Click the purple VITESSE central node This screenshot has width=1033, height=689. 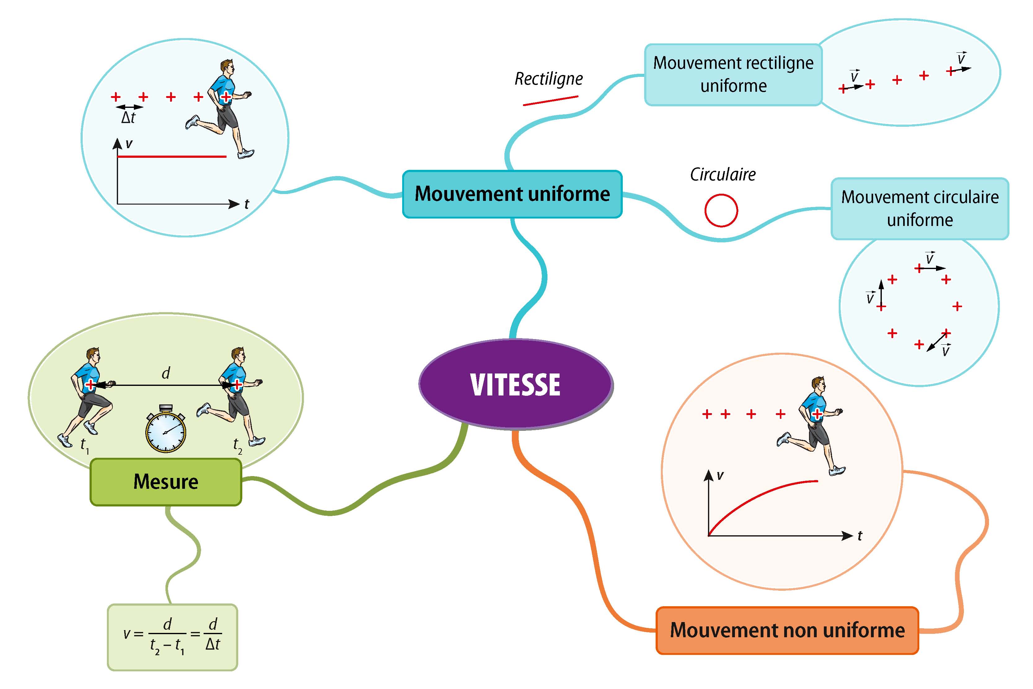coord(516,385)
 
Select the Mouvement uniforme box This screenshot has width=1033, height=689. coord(512,194)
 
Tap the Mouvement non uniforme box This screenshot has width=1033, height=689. coord(787,630)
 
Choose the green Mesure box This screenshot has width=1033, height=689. coord(165,482)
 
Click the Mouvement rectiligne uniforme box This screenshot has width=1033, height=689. coord(733,74)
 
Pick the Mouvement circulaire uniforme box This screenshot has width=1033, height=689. coord(920,208)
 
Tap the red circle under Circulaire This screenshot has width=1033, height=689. coord(721,210)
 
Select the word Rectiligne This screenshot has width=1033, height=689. coord(548,79)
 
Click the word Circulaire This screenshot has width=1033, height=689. coord(723,175)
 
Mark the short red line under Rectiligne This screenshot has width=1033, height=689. coord(550,101)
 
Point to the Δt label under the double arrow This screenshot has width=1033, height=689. coord(128,118)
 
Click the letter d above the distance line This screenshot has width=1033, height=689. coord(165,373)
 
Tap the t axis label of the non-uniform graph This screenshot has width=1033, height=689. coord(860,536)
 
